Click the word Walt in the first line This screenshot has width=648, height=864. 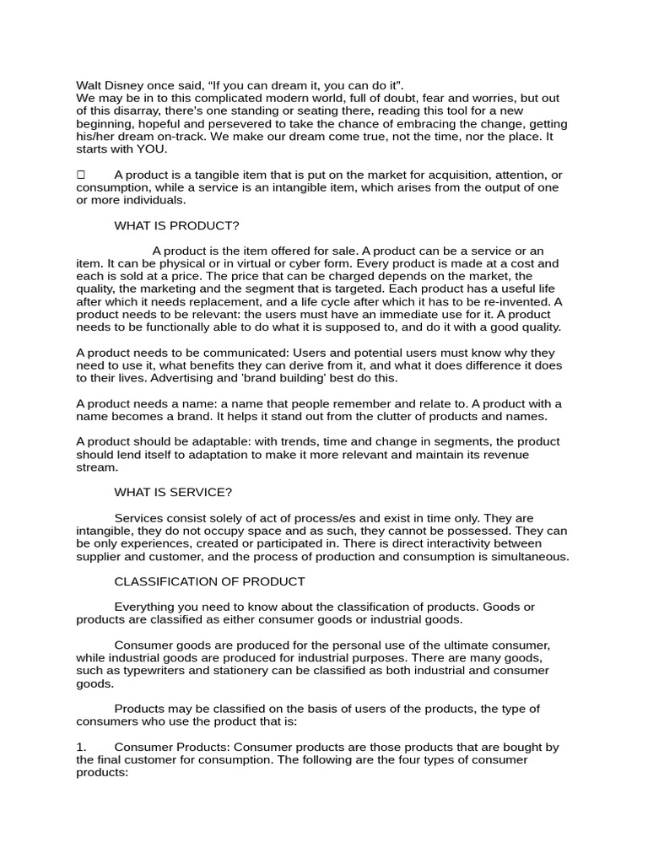(x=89, y=85)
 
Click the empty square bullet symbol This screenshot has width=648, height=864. (x=81, y=175)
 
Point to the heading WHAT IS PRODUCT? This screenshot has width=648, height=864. (x=176, y=225)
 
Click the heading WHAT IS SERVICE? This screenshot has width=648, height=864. (x=173, y=492)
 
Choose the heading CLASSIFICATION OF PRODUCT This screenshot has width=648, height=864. (x=209, y=581)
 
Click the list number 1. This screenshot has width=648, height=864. (x=81, y=747)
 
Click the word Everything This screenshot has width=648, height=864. (x=146, y=607)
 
